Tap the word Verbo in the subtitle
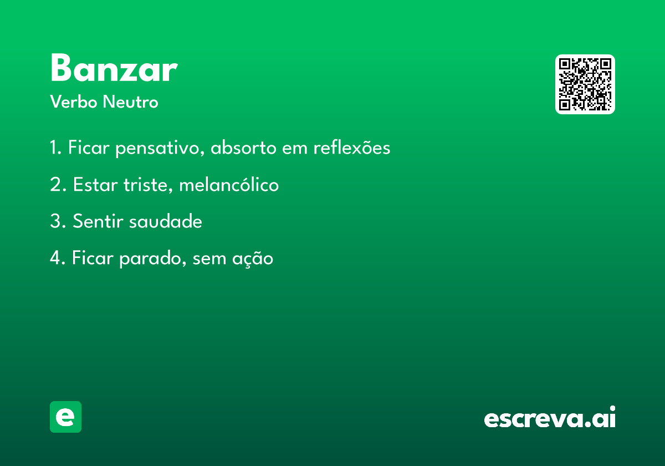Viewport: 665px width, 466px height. pos(74,102)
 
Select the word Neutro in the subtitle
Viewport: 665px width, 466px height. pos(131,102)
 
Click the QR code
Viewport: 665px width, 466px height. pos(585,84)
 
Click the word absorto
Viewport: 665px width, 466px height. pos(243,147)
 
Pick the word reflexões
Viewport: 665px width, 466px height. pos(352,147)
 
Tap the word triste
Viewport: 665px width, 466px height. pos(148,185)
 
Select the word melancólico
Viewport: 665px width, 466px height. pos(229,184)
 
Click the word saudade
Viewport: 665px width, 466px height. pos(166,221)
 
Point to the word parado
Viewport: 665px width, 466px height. pos(152,259)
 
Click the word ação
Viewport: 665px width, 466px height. pos(253,259)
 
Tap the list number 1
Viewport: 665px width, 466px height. pos(55,147)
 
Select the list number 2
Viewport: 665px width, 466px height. pos(58,184)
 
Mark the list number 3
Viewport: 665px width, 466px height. pos(58,221)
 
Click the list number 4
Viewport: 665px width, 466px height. pos(58,257)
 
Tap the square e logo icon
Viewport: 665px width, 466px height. pos(65,417)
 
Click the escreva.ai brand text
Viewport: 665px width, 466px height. pos(550,417)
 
